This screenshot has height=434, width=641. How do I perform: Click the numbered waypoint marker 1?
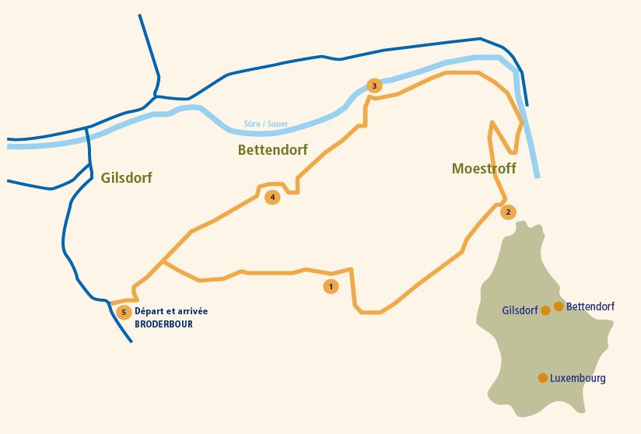coord(331,287)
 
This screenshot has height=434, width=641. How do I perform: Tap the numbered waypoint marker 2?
coord(508,212)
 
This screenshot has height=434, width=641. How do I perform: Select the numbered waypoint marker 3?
coord(374,86)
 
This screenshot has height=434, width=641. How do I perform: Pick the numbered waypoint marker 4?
coord(272,197)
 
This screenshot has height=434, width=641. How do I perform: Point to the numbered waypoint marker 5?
coord(123,313)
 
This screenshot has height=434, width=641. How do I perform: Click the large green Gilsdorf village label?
coord(126,178)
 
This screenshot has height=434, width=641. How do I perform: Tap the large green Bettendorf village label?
coord(272,149)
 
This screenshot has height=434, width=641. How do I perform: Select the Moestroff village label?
coord(483,169)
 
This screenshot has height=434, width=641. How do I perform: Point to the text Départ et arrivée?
coord(171,311)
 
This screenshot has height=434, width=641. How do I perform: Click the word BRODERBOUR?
coord(163,324)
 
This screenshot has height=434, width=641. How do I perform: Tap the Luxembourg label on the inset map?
coord(578,378)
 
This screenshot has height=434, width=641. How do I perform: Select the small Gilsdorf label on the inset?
coord(520,310)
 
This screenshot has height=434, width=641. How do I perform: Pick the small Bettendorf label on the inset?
coord(590,306)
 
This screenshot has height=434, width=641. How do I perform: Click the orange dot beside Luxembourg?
coord(542,378)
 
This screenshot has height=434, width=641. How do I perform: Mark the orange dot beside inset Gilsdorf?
coord(545,310)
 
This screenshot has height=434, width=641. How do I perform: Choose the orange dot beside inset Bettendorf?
coord(559,306)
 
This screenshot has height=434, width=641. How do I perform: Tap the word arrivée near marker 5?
coord(191,311)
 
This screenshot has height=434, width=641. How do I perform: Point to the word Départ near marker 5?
coord(148,311)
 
